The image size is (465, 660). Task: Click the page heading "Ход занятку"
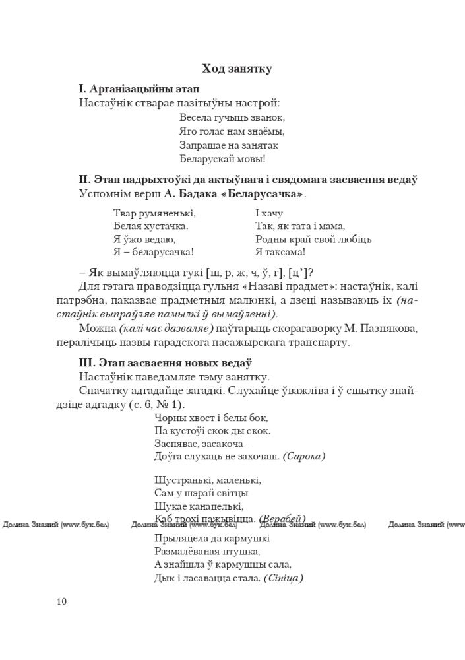[236, 69]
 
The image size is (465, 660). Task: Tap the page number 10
[62, 601]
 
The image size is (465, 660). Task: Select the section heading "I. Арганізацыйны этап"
[139, 88]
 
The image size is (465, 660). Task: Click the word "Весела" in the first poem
[196, 117]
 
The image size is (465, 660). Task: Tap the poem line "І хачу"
[268, 213]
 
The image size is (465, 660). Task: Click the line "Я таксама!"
[280, 252]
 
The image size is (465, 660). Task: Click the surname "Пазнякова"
[387, 329]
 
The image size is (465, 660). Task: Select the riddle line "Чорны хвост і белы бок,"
[211, 418]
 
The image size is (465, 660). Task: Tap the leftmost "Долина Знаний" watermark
[56, 525]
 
